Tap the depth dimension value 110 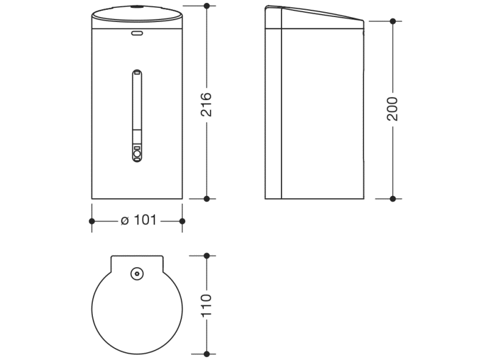(x=206, y=304)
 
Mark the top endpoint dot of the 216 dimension (x=206, y=6)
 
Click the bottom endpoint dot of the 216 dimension (x=206, y=198)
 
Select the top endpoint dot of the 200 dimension (x=393, y=21)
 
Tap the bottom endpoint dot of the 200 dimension (x=393, y=198)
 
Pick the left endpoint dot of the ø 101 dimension (x=92, y=221)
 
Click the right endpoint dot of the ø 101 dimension (x=182, y=221)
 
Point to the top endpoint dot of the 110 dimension (x=206, y=256)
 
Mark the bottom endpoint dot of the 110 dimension (x=206, y=354)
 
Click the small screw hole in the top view (x=137, y=275)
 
